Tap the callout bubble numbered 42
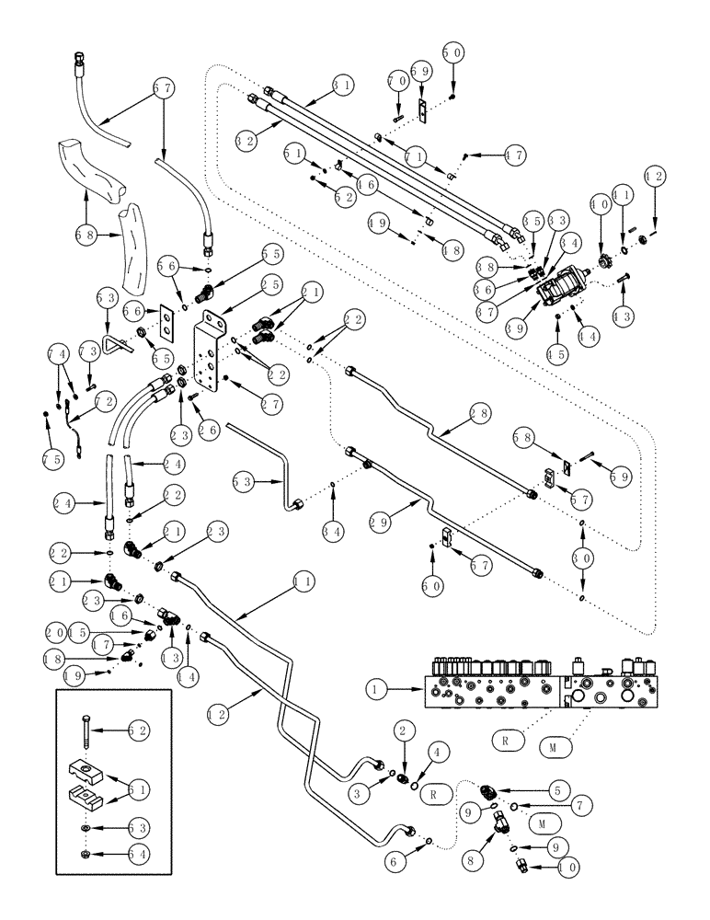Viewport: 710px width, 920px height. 655,176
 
